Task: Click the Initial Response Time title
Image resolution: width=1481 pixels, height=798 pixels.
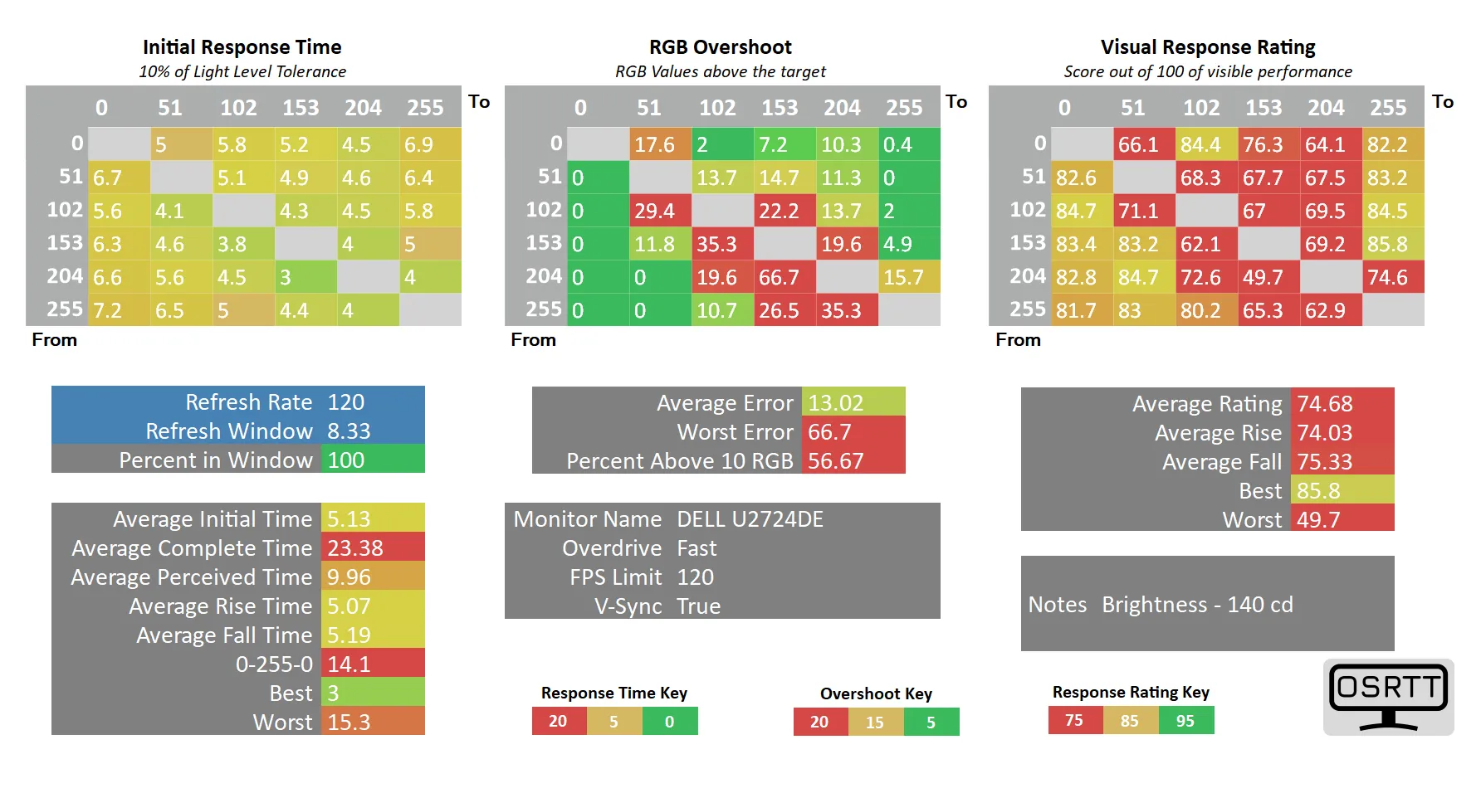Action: pyautogui.click(x=242, y=47)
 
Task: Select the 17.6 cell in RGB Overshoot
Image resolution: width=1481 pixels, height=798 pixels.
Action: pyautogui.click(x=659, y=144)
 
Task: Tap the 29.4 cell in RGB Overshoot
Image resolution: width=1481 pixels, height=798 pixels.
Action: pyautogui.click(x=659, y=211)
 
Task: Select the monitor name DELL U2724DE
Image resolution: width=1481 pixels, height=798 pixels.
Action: pyautogui.click(x=750, y=519)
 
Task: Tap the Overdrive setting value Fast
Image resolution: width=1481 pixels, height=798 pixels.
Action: pyautogui.click(x=697, y=548)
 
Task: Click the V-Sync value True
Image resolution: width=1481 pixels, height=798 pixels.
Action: pyautogui.click(x=698, y=606)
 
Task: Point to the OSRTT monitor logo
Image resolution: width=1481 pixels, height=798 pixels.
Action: pyautogui.click(x=1388, y=697)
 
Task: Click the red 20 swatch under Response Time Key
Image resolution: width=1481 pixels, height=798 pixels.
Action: pyautogui.click(x=558, y=722)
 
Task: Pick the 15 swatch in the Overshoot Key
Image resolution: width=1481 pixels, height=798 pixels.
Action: pyautogui.click(x=875, y=723)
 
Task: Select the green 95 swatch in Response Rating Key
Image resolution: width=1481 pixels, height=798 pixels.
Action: pyautogui.click(x=1185, y=721)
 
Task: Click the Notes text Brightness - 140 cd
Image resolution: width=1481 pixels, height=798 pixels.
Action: pyautogui.click(x=1197, y=605)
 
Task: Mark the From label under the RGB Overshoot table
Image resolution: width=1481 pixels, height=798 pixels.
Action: pyautogui.click(x=533, y=340)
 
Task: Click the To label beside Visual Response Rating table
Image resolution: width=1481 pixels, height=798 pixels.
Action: pyautogui.click(x=1443, y=102)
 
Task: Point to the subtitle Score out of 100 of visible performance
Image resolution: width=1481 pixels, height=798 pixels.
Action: pyautogui.click(x=1208, y=72)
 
